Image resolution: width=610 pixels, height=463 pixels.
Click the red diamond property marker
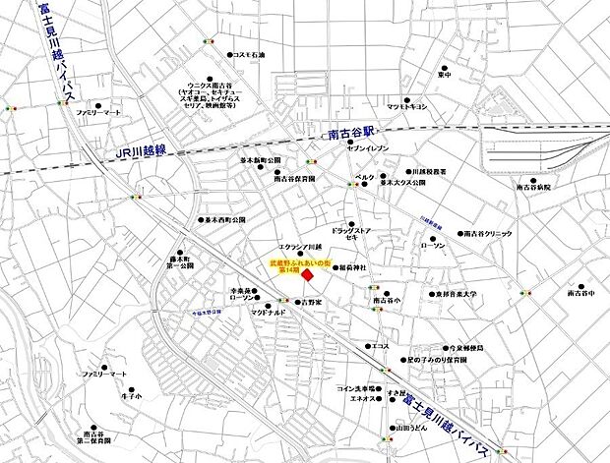[x=308, y=277]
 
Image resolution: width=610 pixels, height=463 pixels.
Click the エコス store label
[x=381, y=346]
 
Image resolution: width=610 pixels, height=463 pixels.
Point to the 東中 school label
[x=446, y=75]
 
